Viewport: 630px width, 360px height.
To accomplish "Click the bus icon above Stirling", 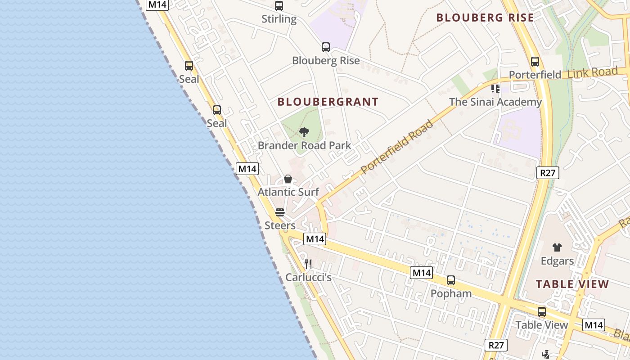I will pos(279,6).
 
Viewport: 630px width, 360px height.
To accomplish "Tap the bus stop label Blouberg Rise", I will pos(326,61).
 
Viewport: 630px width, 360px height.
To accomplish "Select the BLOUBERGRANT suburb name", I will pos(328,102).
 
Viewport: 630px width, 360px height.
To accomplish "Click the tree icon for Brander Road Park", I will pos(304,132).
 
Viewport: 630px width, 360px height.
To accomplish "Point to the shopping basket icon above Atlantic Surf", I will pos(288,179).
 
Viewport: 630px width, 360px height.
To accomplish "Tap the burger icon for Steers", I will pos(280,212).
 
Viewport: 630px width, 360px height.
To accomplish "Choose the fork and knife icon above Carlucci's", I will pos(308,264).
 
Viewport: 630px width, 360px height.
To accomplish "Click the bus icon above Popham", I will pos(451,280).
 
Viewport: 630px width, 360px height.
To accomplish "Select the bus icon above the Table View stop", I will pos(542,312).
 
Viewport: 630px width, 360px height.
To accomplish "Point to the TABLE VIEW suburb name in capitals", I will pos(572,284).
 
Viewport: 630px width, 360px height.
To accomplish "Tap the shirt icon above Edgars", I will pos(557,247).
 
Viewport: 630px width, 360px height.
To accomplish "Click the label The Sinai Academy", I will pos(495,102).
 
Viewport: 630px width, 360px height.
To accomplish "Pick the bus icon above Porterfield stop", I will pos(535,62).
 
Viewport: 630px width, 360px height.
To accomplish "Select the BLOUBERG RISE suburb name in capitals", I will pos(485,18).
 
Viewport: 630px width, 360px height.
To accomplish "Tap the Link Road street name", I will pos(593,72).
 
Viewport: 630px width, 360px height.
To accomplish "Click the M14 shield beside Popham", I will pos(421,273).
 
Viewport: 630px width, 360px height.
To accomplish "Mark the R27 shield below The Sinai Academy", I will pos(547,173).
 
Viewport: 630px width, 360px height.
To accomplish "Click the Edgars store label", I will pos(557,261).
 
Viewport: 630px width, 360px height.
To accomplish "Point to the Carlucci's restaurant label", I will pos(309,277).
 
